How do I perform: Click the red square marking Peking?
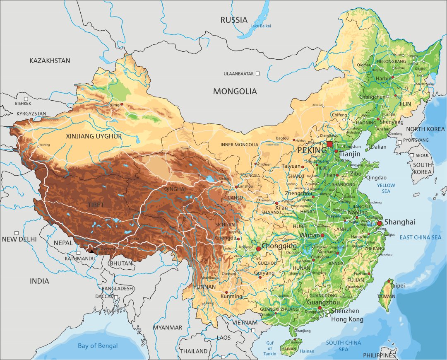(x=329, y=144)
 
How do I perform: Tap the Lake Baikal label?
(x=260, y=26)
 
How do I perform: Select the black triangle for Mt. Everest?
(x=91, y=250)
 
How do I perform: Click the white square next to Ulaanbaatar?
(x=258, y=73)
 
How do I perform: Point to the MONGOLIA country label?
(x=235, y=92)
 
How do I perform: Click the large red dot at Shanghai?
(x=379, y=223)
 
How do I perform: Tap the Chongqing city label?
(x=279, y=246)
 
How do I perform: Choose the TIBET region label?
(x=96, y=205)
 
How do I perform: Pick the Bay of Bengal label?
(x=98, y=346)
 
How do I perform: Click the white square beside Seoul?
(x=412, y=156)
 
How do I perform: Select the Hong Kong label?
(x=347, y=319)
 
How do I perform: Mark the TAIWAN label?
(x=386, y=297)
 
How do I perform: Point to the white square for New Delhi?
(x=17, y=233)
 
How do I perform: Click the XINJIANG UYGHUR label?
(x=94, y=136)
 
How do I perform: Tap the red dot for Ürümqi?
(x=122, y=104)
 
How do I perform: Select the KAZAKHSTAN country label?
(x=50, y=60)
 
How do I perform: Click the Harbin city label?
(x=383, y=78)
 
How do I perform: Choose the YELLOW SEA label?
(x=386, y=188)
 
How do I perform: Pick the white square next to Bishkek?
(x=26, y=99)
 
